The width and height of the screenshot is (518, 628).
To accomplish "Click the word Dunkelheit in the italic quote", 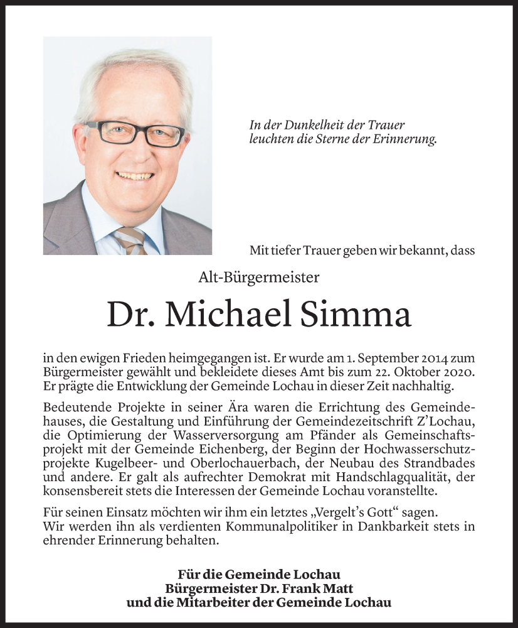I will (303, 126).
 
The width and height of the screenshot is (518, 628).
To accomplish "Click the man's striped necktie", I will (131, 241).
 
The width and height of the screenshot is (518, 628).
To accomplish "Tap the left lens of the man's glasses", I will (114, 131).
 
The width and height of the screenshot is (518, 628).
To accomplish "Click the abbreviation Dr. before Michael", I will (129, 314).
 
